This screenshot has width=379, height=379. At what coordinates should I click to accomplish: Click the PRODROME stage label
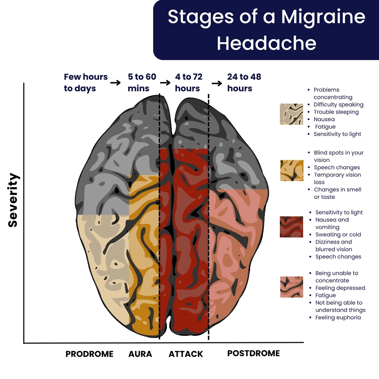pyautogui.click(x=89, y=354)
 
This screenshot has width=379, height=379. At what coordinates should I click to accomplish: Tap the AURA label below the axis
pyautogui.click(x=140, y=354)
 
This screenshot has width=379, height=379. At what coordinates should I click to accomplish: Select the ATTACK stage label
pyautogui.click(x=186, y=354)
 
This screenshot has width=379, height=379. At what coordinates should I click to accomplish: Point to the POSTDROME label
pyautogui.click(x=254, y=353)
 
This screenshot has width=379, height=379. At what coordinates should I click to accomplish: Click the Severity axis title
pyautogui.click(x=13, y=200)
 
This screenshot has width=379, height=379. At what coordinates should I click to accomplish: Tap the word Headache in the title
pyautogui.click(x=266, y=43)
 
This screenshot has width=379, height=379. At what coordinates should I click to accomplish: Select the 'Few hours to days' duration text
pyautogui.click(x=86, y=83)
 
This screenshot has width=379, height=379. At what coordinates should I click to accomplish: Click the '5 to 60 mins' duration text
pyautogui.click(x=142, y=83)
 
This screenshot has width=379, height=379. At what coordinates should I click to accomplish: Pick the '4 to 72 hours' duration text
pyautogui.click(x=188, y=83)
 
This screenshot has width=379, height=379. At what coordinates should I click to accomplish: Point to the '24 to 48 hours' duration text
pyautogui.click(x=244, y=83)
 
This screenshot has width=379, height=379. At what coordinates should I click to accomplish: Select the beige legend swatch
pyautogui.click(x=291, y=114)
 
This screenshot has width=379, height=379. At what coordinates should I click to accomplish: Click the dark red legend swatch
pyautogui.click(x=291, y=227)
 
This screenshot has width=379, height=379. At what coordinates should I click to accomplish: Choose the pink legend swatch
pyautogui.click(x=291, y=287)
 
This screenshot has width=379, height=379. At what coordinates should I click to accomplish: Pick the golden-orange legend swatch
pyautogui.click(x=291, y=170)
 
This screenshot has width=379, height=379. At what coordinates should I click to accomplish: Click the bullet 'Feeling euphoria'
pyautogui.click(x=338, y=317)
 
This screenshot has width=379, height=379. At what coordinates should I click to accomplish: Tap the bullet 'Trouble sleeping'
pyautogui.click(x=336, y=112)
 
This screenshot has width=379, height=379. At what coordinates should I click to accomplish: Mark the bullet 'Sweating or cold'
pyautogui.click(x=338, y=234)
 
